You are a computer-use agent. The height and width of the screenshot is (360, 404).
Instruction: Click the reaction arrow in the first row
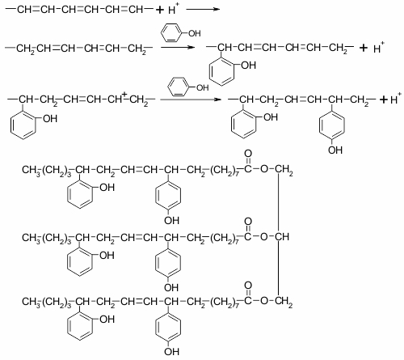[203, 10]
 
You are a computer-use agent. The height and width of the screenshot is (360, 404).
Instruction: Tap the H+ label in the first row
[173, 9]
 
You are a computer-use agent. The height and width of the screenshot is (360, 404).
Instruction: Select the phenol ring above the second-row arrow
[171, 33]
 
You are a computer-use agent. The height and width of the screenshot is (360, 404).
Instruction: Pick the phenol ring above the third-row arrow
[179, 87]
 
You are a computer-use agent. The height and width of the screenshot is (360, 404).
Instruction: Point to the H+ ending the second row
[378, 48]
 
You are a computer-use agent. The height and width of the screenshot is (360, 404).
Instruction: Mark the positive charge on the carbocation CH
[124, 95]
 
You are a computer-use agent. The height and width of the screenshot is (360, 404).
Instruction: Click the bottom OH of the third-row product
[335, 150]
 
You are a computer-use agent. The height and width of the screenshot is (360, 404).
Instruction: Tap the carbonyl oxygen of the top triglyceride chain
[248, 154]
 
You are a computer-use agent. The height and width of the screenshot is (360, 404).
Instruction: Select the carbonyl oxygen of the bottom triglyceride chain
[248, 286]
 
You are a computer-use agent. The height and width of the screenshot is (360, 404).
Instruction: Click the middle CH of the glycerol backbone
[282, 237]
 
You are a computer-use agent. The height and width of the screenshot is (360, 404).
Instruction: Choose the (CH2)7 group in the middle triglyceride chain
[224, 238]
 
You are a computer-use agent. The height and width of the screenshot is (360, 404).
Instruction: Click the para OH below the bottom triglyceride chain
[171, 351]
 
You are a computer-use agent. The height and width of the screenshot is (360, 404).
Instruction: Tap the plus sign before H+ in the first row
[159, 10]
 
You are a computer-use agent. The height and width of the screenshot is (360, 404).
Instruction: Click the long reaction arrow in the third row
[191, 100]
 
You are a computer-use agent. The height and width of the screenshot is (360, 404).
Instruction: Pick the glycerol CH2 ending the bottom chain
[284, 302]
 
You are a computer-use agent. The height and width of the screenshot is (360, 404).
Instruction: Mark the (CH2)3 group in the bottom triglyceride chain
[57, 302]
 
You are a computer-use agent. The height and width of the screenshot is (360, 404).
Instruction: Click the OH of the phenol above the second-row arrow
[194, 33]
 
